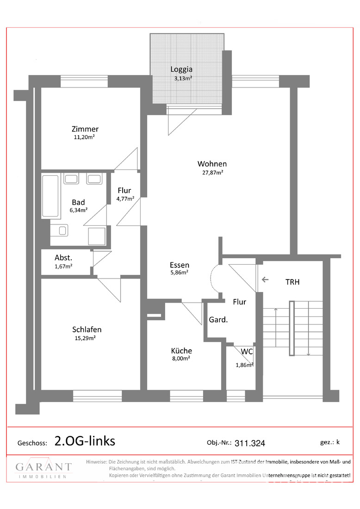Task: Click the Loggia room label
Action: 181,69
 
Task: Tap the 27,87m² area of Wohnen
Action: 213,173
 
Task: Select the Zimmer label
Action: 85,129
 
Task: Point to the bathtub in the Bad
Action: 50,196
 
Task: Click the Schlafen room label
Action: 87,329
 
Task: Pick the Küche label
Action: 181,351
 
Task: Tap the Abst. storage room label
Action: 63,258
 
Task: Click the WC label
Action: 247,352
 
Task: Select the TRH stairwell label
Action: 292,282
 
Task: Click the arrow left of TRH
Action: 265,279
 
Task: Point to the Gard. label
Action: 218,320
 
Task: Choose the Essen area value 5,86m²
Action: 180,273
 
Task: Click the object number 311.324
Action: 249,443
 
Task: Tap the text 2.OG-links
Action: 85,441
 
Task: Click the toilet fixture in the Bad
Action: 59,230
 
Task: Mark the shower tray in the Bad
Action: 97,236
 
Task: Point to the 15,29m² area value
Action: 85,338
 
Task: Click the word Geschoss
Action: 32,443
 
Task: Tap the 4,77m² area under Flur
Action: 125,199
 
